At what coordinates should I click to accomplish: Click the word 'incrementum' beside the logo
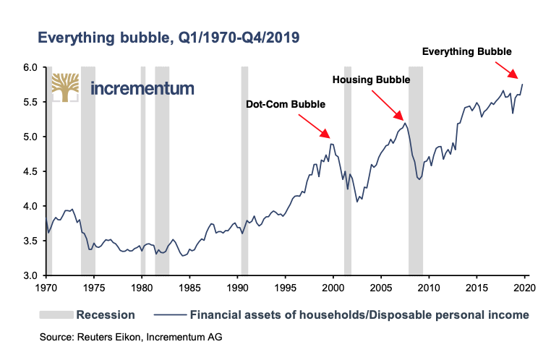(x=142, y=89)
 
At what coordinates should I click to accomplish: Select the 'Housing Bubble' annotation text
(x=371, y=79)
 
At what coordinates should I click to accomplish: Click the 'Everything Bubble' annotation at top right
(x=466, y=51)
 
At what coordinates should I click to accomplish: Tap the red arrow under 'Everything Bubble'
(x=505, y=69)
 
